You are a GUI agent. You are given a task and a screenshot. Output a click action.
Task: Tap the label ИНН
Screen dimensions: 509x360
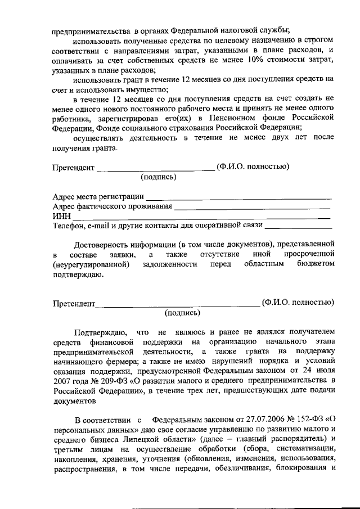point(61,217)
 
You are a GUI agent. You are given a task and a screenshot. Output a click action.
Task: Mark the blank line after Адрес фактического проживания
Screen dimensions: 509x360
point(252,207)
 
